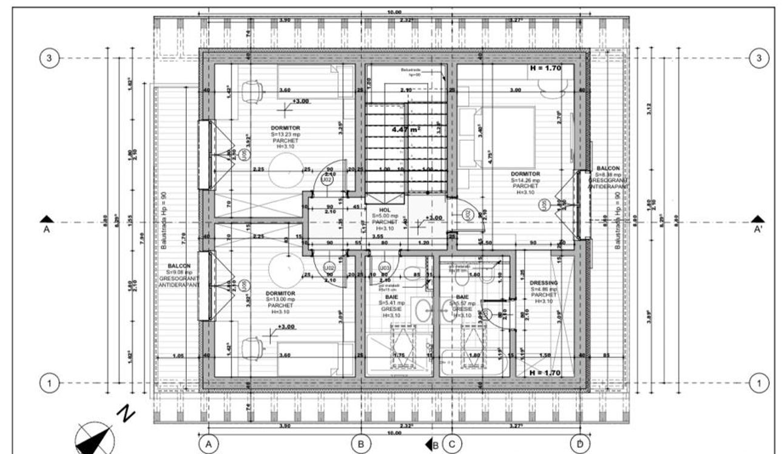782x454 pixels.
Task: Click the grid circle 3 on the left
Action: (49, 58)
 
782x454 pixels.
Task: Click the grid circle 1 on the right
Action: (758, 383)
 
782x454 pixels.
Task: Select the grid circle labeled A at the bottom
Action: (209, 444)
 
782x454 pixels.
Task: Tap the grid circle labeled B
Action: (361, 444)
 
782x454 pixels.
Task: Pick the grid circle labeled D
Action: (580, 444)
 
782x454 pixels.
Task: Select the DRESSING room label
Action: (543, 283)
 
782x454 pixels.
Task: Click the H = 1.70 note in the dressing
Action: (545, 373)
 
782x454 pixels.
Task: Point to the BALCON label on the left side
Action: (180, 266)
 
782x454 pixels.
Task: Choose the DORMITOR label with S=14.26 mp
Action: (525, 174)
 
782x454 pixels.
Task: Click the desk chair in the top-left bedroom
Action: (252, 91)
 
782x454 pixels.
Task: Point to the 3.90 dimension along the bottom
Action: (284, 427)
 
